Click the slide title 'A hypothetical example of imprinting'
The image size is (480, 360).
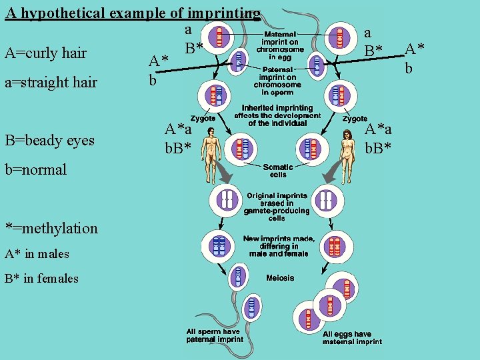click(x=133, y=13)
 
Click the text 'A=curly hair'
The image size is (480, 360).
click(x=45, y=53)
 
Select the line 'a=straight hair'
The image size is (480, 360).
click(x=51, y=83)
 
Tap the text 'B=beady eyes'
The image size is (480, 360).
click(x=50, y=140)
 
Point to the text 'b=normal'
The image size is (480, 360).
click(x=36, y=169)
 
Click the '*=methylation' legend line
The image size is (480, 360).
click(x=51, y=228)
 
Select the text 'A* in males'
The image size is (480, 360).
click(x=36, y=254)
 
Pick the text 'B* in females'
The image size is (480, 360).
click(x=41, y=279)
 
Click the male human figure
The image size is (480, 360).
click(x=212, y=149)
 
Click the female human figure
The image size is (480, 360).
click(x=347, y=149)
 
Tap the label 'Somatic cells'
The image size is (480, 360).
click(x=278, y=171)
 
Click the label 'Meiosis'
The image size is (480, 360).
click(x=279, y=277)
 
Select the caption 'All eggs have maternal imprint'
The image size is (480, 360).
click(x=352, y=338)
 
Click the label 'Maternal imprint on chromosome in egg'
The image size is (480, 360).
click(x=281, y=45)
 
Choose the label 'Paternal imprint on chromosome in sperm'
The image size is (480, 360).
click(x=277, y=81)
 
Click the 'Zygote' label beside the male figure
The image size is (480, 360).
click(x=203, y=118)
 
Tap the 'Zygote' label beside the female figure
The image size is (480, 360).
click(x=355, y=119)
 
